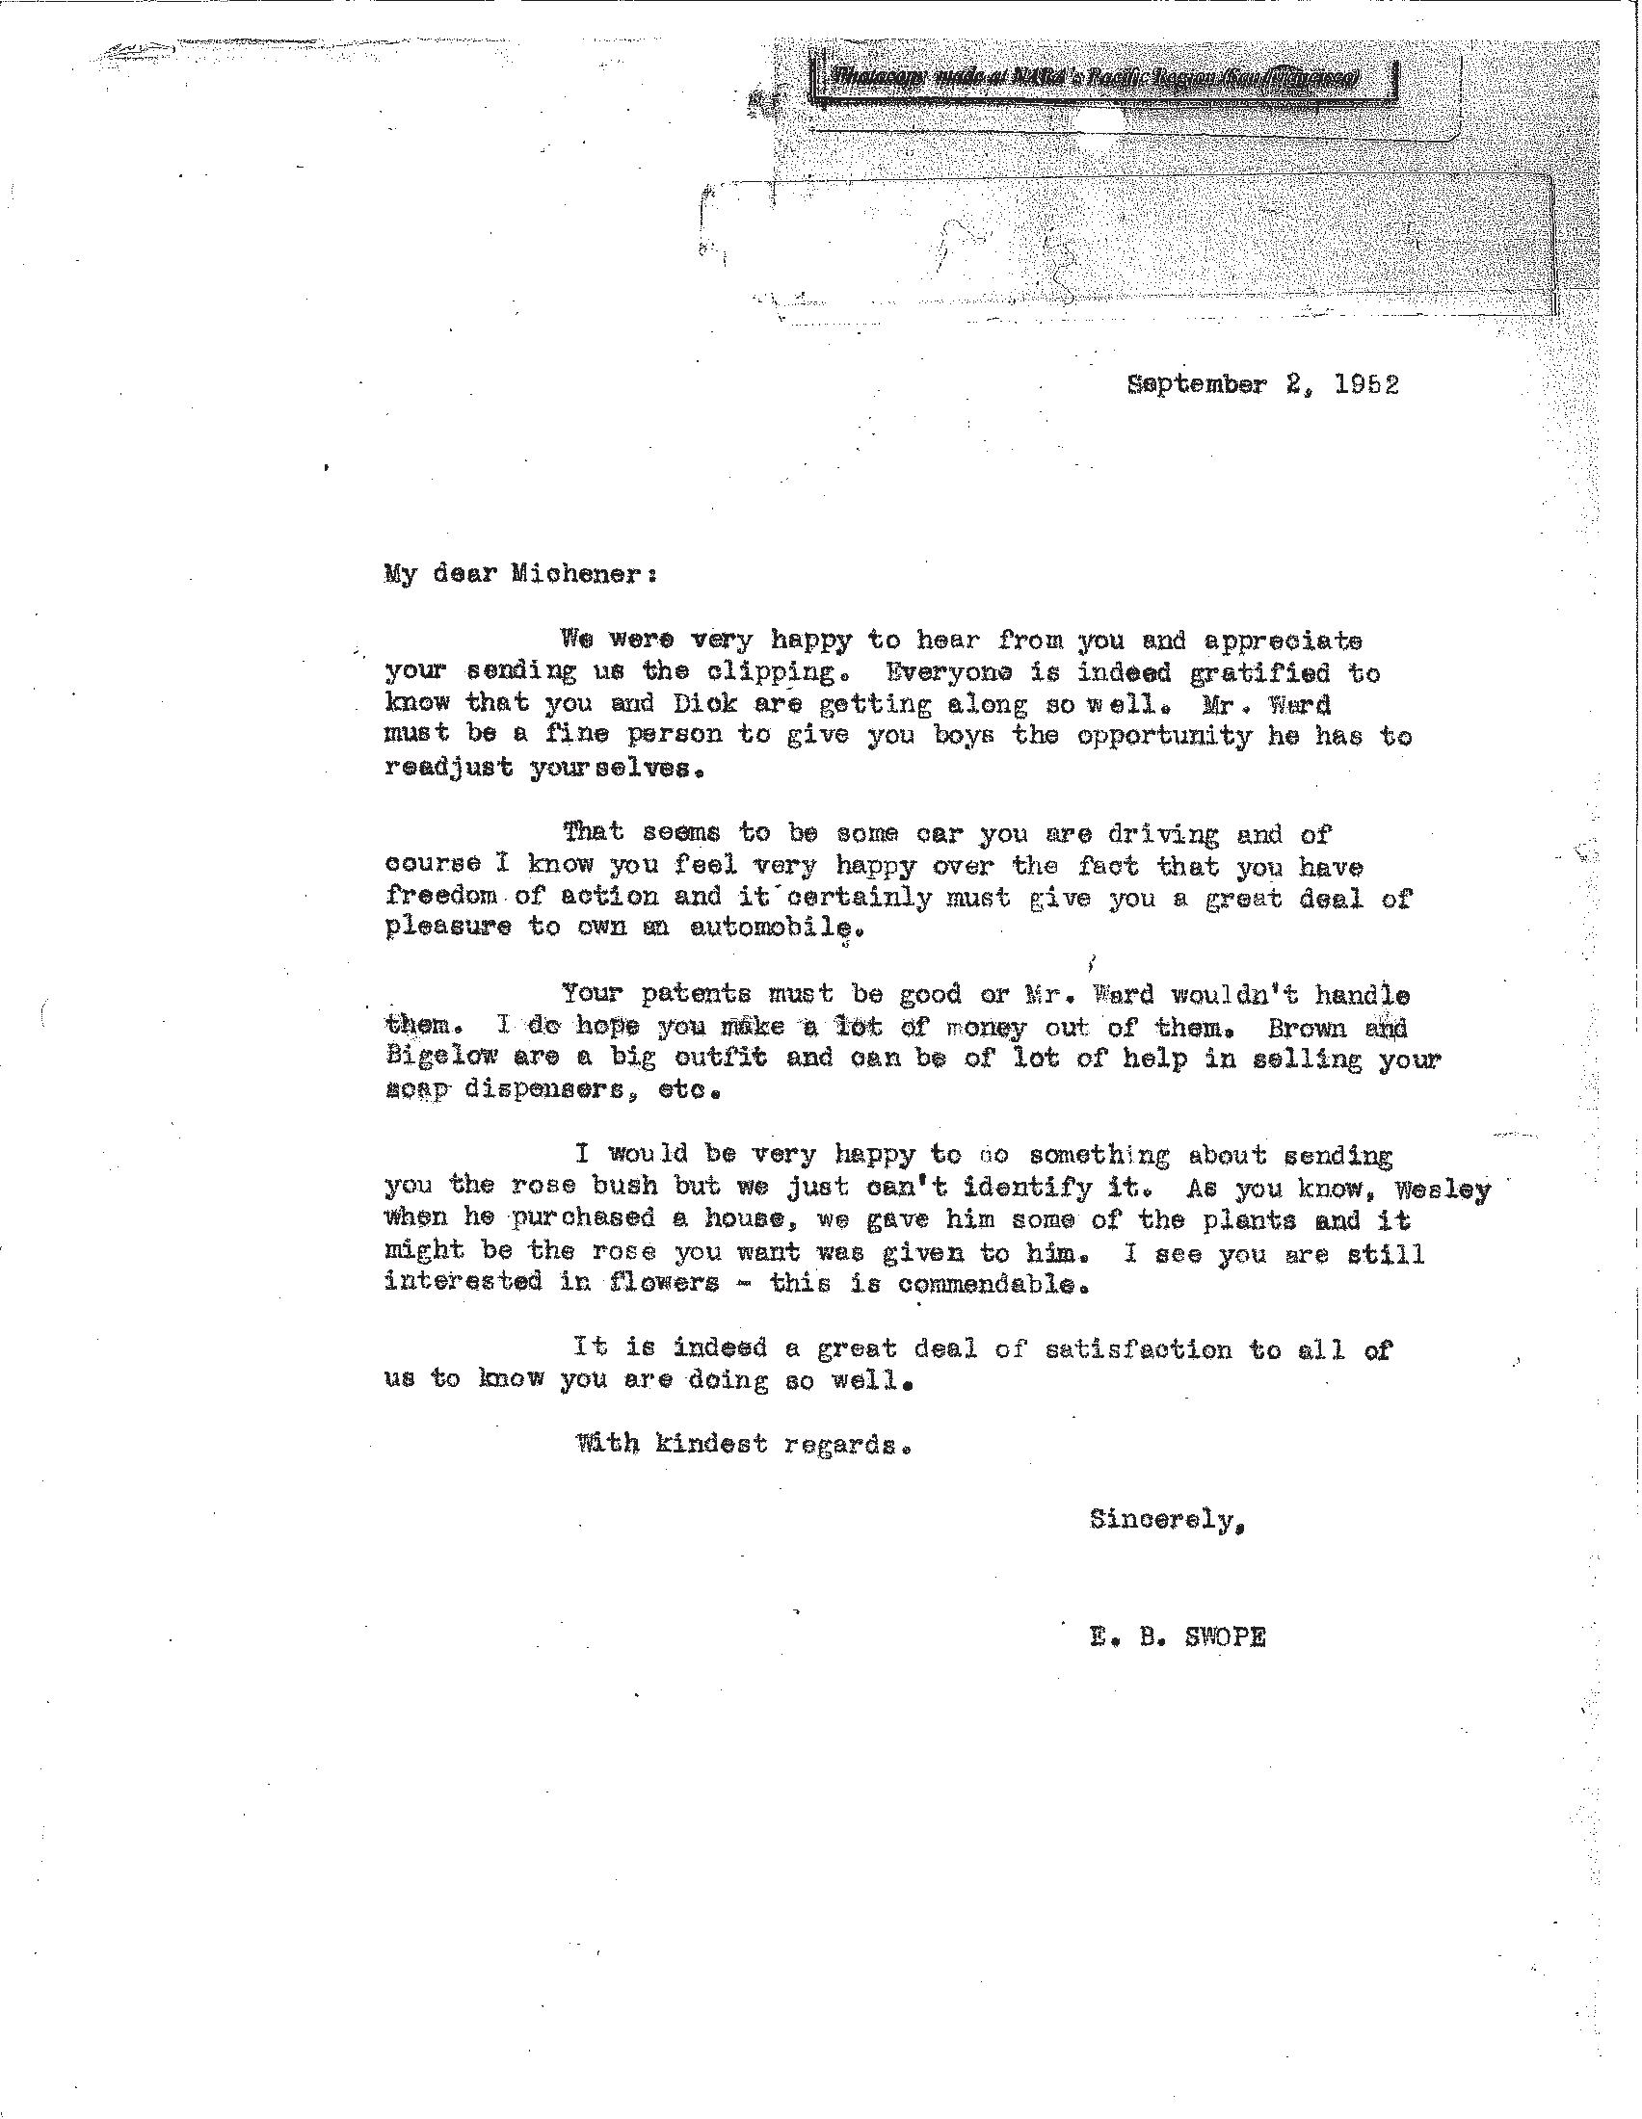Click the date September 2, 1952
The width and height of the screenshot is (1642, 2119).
pos(1262,385)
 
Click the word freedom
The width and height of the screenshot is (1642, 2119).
pos(441,896)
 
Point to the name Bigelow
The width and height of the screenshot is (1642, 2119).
pos(441,1057)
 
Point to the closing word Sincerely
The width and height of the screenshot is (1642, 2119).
pos(1166,1519)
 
